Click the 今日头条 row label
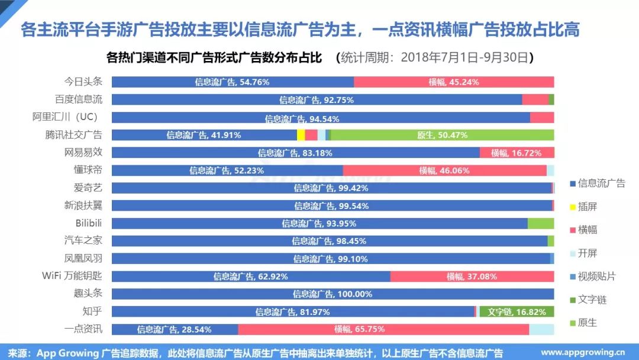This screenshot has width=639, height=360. click(x=83, y=82)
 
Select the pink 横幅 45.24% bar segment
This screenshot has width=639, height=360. click(x=454, y=82)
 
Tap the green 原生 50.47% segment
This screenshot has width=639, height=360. click(x=442, y=135)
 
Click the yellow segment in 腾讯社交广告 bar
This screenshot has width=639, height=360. click(x=301, y=135)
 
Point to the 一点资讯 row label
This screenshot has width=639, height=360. click(x=83, y=329)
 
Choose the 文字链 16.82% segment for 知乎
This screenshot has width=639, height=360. click(x=517, y=312)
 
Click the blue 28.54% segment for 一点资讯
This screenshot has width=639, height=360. click(x=175, y=329)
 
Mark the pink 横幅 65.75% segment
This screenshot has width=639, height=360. click(x=383, y=329)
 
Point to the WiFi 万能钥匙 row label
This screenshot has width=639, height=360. click(x=72, y=276)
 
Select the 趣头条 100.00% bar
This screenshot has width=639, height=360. click(x=333, y=294)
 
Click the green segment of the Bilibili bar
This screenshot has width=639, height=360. click(x=541, y=223)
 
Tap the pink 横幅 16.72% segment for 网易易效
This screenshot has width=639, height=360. click(x=517, y=153)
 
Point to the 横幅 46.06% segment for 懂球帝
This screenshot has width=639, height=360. click(x=444, y=171)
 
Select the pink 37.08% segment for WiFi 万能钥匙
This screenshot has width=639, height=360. click(x=472, y=277)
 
